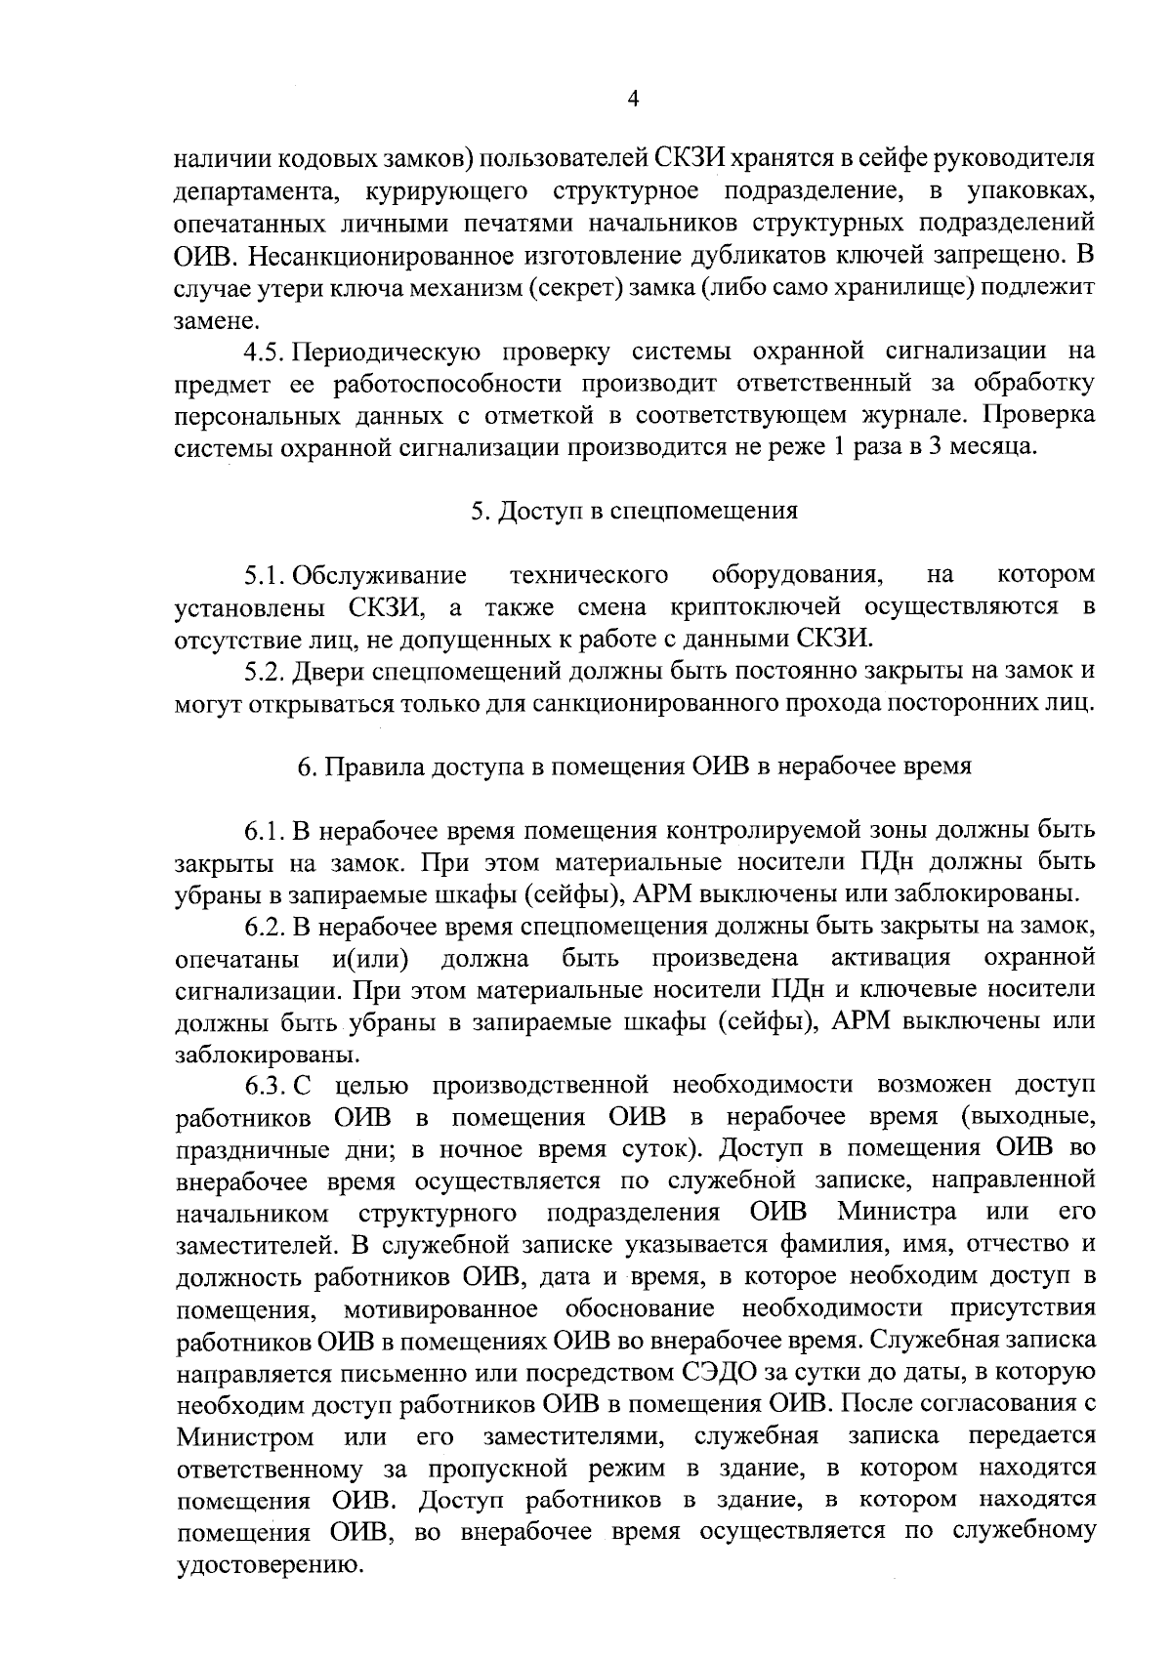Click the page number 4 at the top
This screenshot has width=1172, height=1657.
pyautogui.click(x=633, y=100)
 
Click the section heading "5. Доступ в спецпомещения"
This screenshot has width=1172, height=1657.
pyautogui.click(x=634, y=511)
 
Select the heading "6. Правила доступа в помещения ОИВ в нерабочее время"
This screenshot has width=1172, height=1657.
pyautogui.click(x=634, y=766)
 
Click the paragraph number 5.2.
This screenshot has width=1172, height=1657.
pyautogui.click(x=267, y=671)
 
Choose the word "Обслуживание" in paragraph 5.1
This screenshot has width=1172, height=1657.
pyautogui.click(x=380, y=574)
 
